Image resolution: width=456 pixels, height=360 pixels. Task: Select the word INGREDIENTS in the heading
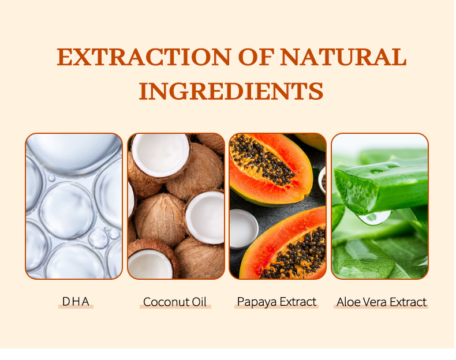231,91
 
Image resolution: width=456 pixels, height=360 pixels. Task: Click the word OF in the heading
251,58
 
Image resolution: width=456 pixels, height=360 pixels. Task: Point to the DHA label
76,301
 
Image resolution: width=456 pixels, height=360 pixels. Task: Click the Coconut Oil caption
174,302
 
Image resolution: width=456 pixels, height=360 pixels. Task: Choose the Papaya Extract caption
276,302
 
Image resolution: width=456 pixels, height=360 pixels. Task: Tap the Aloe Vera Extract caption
381,302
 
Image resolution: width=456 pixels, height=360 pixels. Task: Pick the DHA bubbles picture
74,206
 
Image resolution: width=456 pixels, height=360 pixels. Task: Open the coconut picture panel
175,206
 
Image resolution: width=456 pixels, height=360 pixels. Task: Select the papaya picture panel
278,206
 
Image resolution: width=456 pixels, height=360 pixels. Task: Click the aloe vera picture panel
380,206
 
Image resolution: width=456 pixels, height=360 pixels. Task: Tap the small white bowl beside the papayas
242,227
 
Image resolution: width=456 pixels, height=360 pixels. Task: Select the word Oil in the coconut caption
199,302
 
